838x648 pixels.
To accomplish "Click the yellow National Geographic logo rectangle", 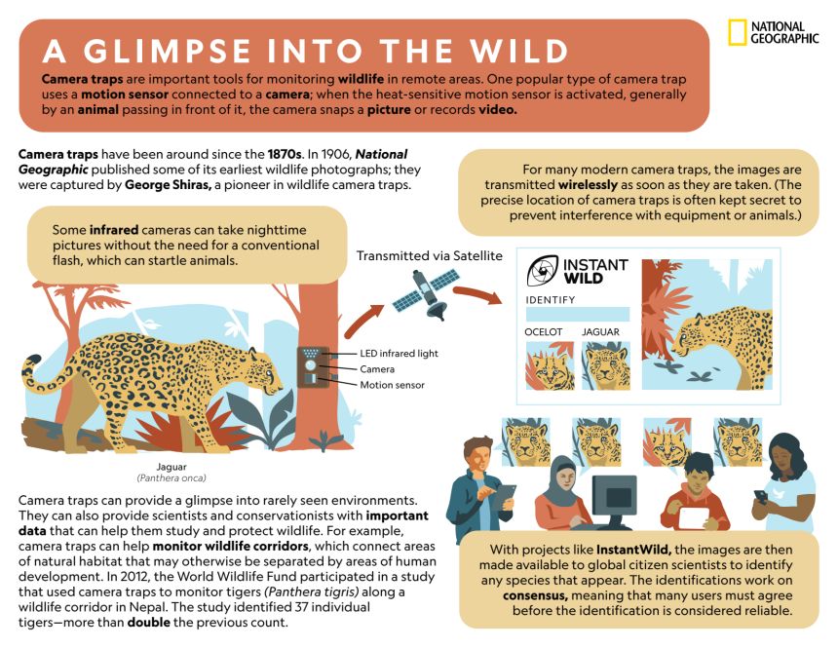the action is (737, 32).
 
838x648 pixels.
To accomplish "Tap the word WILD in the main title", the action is (519, 52).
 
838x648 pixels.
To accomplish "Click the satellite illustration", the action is (427, 294).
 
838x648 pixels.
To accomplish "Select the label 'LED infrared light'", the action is (399, 354).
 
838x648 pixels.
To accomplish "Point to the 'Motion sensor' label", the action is (392, 385).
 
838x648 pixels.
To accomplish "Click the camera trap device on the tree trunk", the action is (311, 366).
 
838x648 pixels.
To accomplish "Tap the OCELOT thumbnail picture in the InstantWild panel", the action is (550, 365).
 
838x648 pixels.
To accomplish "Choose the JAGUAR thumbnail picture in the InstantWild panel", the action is (605, 365).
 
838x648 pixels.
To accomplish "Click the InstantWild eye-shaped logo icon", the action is (542, 271).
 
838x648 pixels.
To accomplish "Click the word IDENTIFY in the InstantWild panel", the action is (550, 300).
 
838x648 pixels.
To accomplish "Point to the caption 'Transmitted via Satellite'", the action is (429, 256).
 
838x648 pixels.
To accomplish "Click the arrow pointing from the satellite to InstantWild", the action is (477, 293).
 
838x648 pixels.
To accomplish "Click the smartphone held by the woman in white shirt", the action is (760, 496).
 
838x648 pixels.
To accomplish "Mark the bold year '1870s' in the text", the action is (285, 155).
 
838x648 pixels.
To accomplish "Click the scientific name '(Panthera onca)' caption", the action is (171, 478).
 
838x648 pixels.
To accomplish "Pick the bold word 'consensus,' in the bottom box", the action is (535, 595).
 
